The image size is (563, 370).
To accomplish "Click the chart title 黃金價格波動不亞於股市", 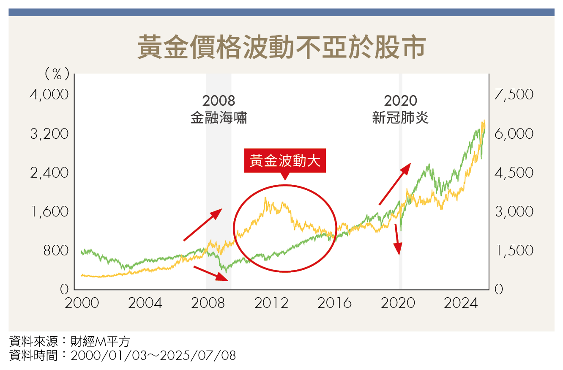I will [x=281, y=47].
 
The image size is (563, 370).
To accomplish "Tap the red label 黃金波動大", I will [x=285, y=161].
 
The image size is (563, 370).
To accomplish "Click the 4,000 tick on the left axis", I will [x=49, y=94].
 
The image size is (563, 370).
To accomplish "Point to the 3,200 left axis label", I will [x=49, y=134].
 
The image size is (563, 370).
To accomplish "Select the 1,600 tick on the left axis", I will [x=49, y=211].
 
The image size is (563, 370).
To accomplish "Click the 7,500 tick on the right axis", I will [x=514, y=94].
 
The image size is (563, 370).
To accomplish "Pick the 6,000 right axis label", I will [x=514, y=134].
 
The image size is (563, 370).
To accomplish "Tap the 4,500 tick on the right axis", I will [x=514, y=173].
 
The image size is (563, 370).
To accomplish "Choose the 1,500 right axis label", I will [x=514, y=250].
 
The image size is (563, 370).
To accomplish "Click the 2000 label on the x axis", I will [x=82, y=303].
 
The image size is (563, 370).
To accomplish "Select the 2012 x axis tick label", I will [x=271, y=303].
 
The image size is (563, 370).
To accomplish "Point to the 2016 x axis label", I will [x=335, y=303].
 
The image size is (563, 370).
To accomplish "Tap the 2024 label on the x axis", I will [x=461, y=303].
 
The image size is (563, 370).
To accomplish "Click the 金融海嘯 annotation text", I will [x=219, y=118].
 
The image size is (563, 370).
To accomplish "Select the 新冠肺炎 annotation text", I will [x=400, y=118].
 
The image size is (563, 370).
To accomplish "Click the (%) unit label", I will [x=57, y=74].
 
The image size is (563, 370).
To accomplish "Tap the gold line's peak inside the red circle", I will [x=265, y=197].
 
